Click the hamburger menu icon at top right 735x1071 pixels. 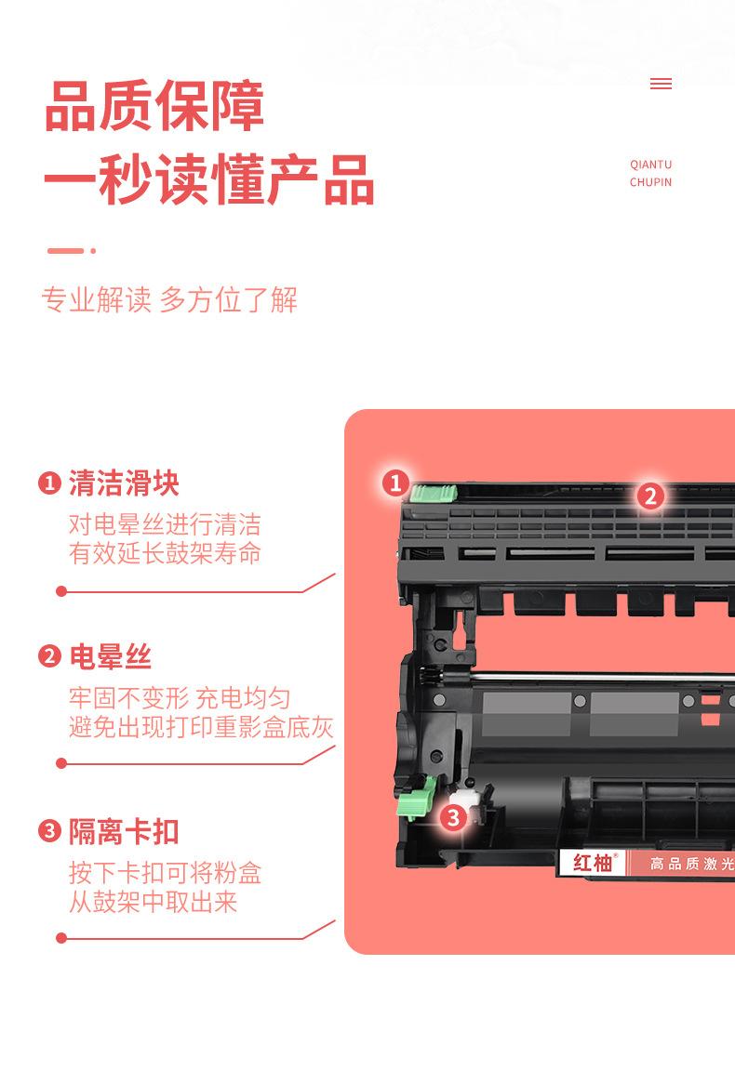pyautogui.click(x=661, y=84)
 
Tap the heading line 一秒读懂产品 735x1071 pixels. pyautogui.click(x=209, y=180)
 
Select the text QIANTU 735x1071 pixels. pyautogui.click(x=650, y=165)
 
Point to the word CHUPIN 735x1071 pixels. pyautogui.click(x=650, y=182)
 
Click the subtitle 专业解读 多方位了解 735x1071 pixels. pyautogui.click(x=169, y=300)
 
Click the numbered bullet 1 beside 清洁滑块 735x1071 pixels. pyautogui.click(x=49, y=483)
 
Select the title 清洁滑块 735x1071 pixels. pyautogui.click(x=124, y=483)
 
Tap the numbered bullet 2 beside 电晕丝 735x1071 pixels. pyautogui.click(x=49, y=657)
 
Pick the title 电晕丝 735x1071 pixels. pyautogui.click(x=110, y=657)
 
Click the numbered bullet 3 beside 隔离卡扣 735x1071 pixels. pyautogui.click(x=49, y=831)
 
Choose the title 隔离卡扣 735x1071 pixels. pyautogui.click(x=124, y=831)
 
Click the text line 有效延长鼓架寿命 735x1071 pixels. pyautogui.click(x=165, y=553)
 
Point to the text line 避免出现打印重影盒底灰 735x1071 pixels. pyautogui.click(x=201, y=727)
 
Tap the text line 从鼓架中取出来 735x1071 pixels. pyautogui.click(x=153, y=902)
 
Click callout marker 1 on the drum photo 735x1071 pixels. pyautogui.click(x=395, y=483)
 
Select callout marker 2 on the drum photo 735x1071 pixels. pyautogui.click(x=649, y=496)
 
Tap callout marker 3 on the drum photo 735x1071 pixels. pyautogui.click(x=452, y=817)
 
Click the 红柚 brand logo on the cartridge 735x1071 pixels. pyautogui.click(x=594, y=863)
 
